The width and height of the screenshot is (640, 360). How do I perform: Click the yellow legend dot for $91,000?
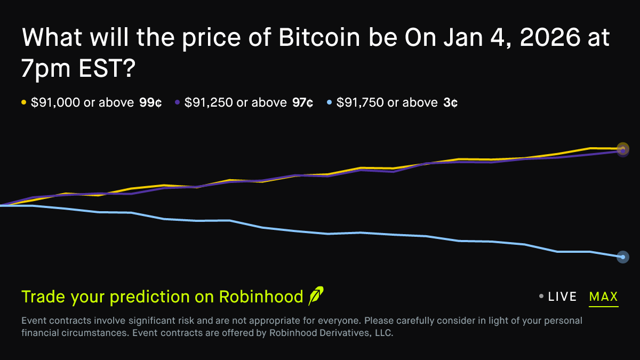click(x=23, y=103)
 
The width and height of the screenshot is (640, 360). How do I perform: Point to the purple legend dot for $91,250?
click(x=177, y=103)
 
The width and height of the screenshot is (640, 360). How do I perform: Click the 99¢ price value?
click(x=150, y=103)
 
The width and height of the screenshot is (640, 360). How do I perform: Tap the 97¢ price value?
click(x=302, y=103)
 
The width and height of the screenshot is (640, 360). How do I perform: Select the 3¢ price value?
click(x=450, y=103)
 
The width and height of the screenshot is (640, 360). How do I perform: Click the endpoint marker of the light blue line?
click(x=622, y=257)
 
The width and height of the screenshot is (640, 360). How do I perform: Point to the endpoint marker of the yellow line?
click(x=623, y=148)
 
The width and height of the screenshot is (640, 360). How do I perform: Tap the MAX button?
click(x=603, y=297)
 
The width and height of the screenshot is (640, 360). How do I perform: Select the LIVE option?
click(x=562, y=297)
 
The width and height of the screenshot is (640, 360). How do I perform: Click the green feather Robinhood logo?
click(x=316, y=296)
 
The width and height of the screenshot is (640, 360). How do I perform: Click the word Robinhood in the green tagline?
click(x=261, y=297)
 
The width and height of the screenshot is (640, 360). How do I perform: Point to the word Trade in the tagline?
click(x=43, y=297)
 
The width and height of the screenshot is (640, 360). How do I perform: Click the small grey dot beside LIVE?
click(x=541, y=297)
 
